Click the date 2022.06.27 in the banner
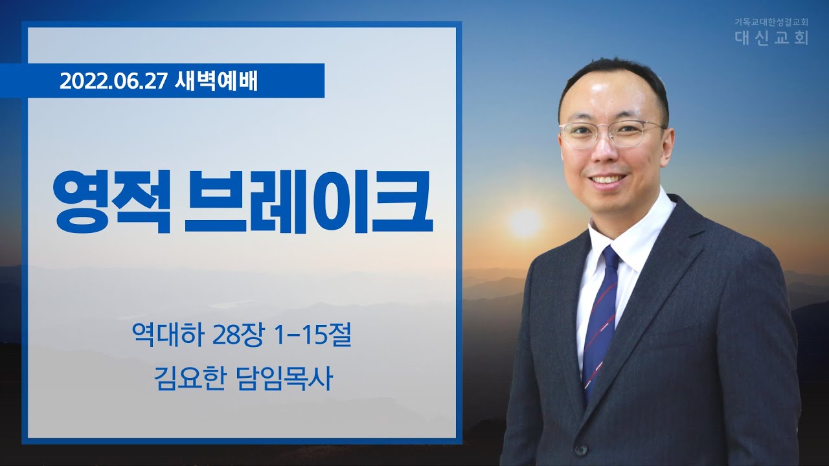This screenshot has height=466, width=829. [x=112, y=82]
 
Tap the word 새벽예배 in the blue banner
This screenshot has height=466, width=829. [x=216, y=82]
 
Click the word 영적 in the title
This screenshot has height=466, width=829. [x=110, y=201]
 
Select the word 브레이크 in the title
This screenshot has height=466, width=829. [x=308, y=201]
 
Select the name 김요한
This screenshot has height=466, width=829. [x=189, y=379]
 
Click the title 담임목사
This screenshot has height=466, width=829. [x=284, y=379]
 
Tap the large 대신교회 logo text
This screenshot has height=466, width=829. [x=771, y=38]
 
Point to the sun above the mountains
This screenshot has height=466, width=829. [x=525, y=223]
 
